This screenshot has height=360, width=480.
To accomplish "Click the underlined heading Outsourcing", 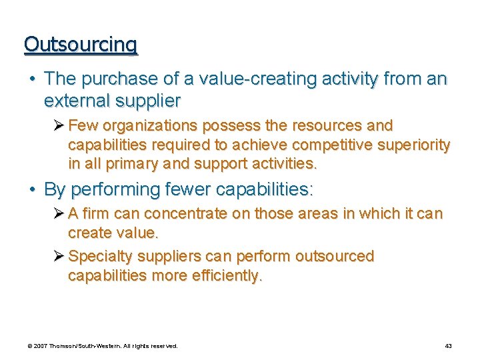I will (x=81, y=44).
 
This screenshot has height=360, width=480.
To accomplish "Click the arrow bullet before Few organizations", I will (x=59, y=126).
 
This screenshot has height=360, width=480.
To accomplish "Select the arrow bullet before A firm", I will (x=59, y=215).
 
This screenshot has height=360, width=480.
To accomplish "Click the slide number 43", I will (x=448, y=346).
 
